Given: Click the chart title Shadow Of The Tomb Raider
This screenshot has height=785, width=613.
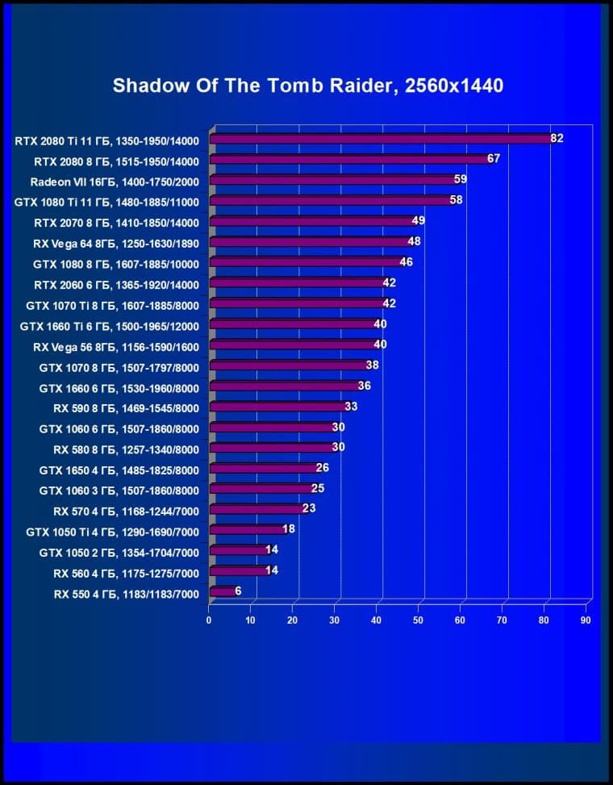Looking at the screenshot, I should pyautogui.click(x=307, y=86).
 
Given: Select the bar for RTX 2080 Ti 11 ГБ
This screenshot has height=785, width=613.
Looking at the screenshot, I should pyautogui.click(x=379, y=139).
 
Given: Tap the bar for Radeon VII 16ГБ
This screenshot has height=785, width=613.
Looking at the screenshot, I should pyautogui.click(x=332, y=180).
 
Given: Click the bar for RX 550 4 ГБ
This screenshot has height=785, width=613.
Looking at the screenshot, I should pyautogui.click(x=223, y=592).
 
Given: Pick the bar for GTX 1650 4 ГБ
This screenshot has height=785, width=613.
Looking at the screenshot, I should pyautogui.click(x=264, y=469).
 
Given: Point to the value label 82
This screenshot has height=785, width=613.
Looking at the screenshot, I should pyautogui.click(x=557, y=138).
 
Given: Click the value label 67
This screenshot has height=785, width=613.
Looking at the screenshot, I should pyautogui.click(x=494, y=159).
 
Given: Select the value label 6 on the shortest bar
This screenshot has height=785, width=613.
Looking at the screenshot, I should pyautogui.click(x=238, y=591).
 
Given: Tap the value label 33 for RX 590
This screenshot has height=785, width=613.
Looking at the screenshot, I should pyautogui.click(x=351, y=407).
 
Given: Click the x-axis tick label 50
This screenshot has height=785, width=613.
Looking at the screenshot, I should pyautogui.click(x=418, y=620).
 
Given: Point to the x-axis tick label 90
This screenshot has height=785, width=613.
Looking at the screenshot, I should pyautogui.click(x=586, y=620).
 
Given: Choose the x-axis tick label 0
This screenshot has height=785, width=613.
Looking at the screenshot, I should pyautogui.click(x=209, y=620).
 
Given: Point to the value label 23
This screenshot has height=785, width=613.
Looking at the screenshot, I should pyautogui.click(x=309, y=509).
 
